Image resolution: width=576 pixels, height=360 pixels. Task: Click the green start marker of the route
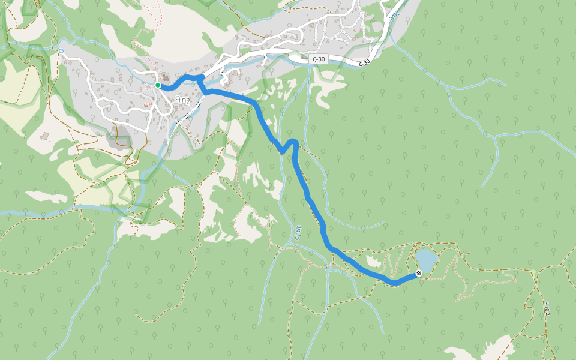(158, 85)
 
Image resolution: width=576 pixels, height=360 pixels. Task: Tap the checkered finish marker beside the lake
(418, 274)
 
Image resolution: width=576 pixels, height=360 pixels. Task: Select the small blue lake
(425, 260)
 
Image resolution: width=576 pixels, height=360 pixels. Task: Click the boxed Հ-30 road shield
(319, 59)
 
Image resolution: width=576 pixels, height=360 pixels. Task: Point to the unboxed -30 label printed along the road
(364, 63)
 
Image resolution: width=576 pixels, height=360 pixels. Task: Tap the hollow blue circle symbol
(61, 51)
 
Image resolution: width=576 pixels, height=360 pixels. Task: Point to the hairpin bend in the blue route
(292, 143)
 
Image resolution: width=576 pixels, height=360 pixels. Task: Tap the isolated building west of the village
(46, 136)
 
